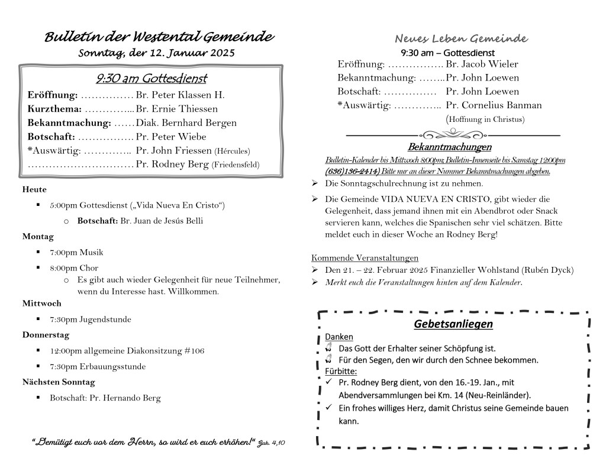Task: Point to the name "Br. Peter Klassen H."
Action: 180,95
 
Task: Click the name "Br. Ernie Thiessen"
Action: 176,109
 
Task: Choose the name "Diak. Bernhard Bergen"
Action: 186,123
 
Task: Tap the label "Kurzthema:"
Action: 54,109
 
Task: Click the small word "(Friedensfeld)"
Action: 236,165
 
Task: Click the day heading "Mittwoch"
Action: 42,304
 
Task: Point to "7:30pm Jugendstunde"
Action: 91,319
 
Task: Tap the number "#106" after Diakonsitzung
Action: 194,351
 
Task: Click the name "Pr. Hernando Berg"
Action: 125,398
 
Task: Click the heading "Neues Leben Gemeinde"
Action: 461,39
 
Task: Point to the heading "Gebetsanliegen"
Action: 453,324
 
